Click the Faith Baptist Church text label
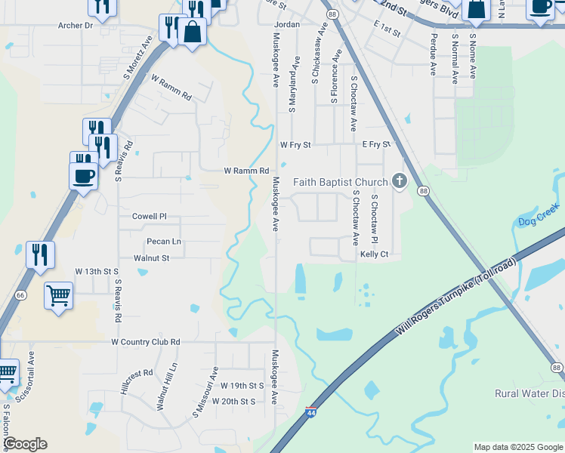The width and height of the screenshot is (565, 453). [340, 181]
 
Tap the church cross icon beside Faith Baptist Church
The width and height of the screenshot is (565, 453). [400, 181]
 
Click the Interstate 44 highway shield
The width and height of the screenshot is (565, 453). [311, 412]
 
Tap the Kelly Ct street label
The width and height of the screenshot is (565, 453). [374, 254]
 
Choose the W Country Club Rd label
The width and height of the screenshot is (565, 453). [146, 342]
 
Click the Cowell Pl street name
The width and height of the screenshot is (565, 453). [149, 216]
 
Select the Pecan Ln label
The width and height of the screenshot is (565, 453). [164, 242]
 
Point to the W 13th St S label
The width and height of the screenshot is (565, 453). [97, 270]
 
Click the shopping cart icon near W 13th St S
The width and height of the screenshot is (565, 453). [58, 294]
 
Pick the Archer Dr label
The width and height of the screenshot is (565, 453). [75, 25]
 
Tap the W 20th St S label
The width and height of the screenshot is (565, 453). [234, 402]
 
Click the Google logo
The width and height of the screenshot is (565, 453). [25, 444]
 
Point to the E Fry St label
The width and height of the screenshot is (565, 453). [376, 143]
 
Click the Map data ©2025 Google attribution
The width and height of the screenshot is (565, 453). [517, 447]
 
